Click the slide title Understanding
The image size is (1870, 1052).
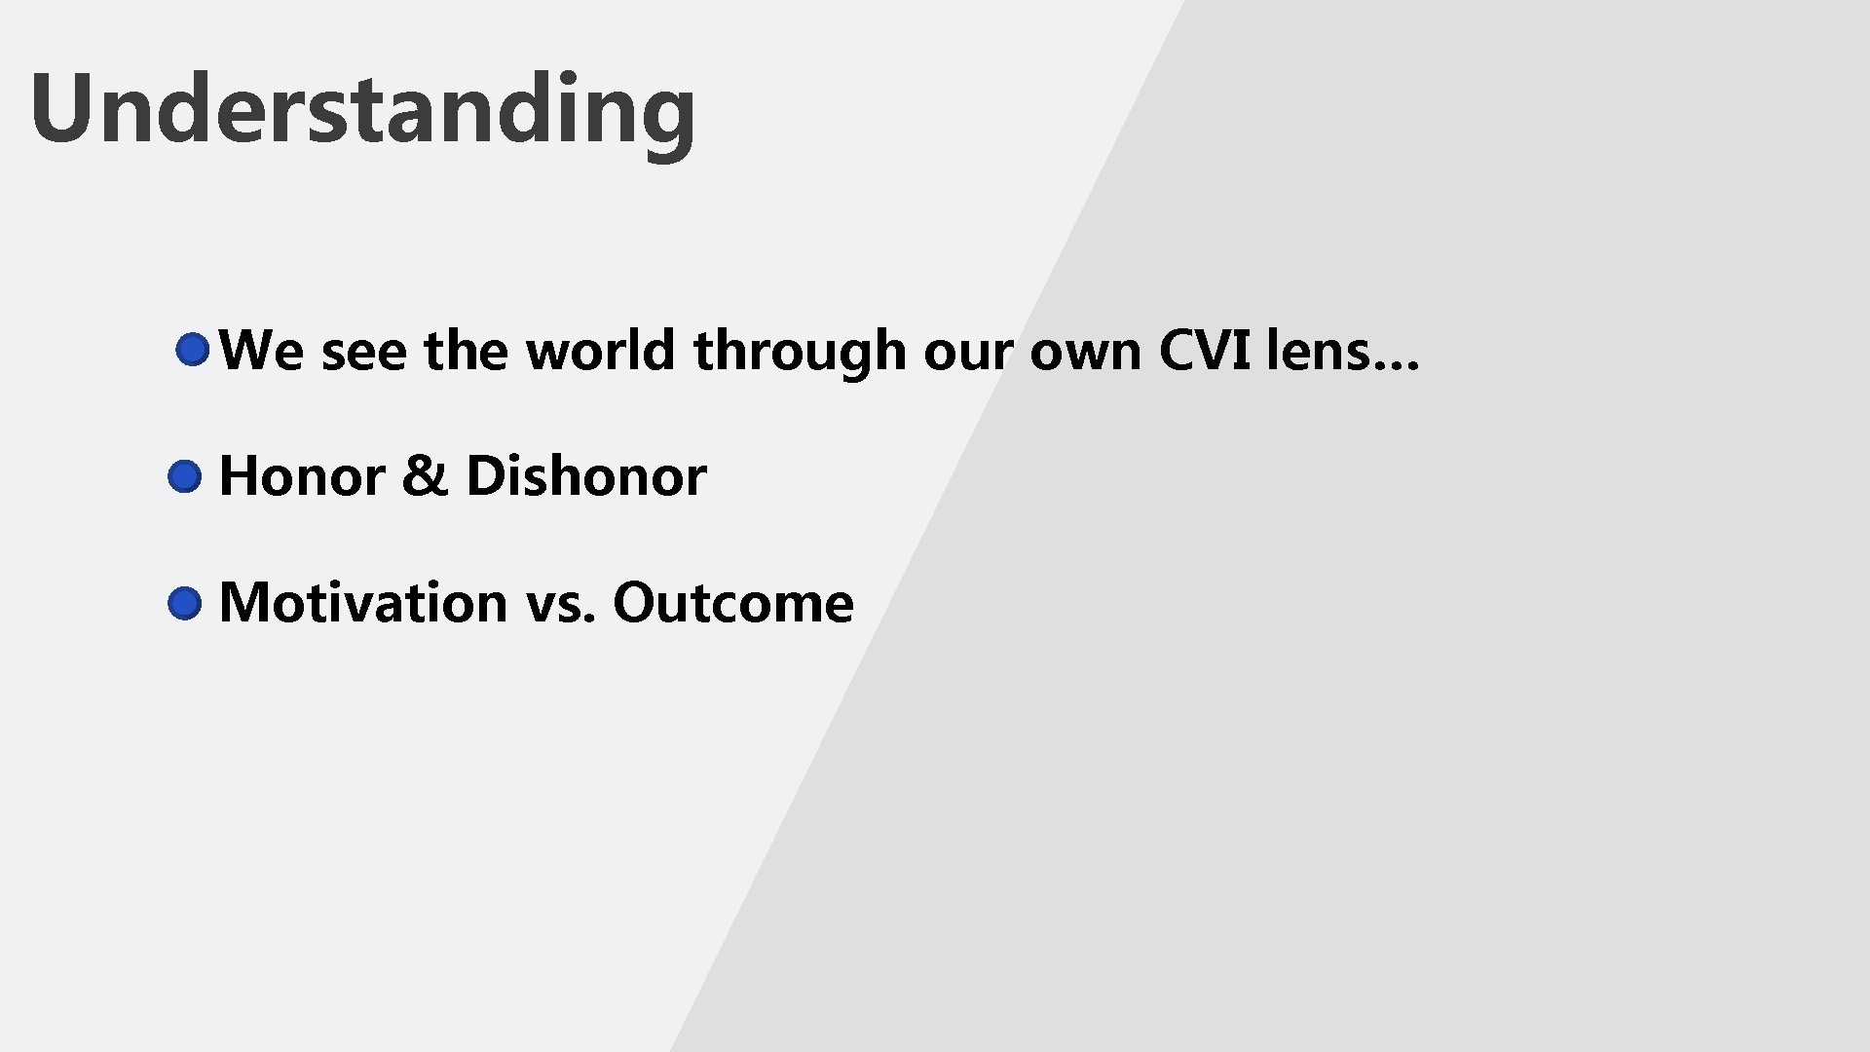coord(362,109)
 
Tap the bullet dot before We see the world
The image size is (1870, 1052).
coord(193,350)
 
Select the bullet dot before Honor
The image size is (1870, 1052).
coord(184,477)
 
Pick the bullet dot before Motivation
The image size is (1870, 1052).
coord(184,604)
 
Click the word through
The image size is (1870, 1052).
coord(799,353)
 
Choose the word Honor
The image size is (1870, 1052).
coord(301,476)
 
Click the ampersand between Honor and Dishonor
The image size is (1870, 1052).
coord(424,476)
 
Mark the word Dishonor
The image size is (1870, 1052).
coord(585,476)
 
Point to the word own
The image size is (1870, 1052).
coord(1085,353)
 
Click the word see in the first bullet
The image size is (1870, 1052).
coord(363,353)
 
